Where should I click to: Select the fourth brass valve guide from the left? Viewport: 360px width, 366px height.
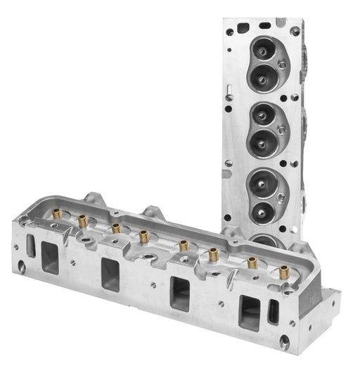point(145,235)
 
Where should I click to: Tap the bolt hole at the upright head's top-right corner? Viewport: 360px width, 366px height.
point(296,32)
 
